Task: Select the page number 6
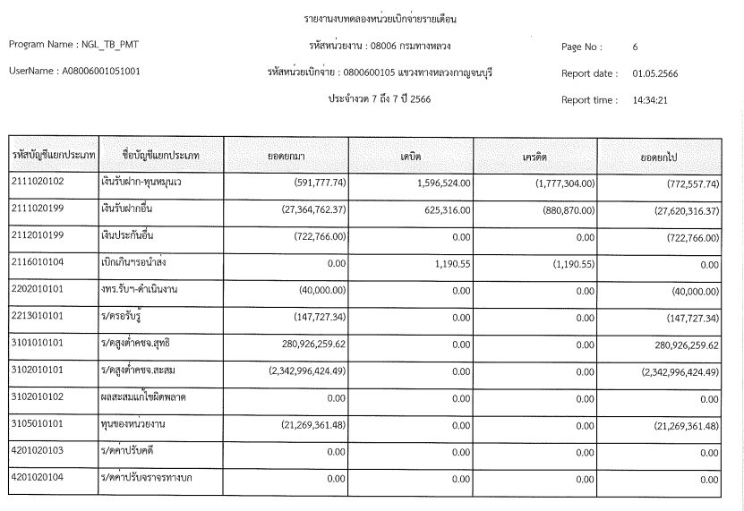(x=635, y=46)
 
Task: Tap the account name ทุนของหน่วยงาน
(x=138, y=424)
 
